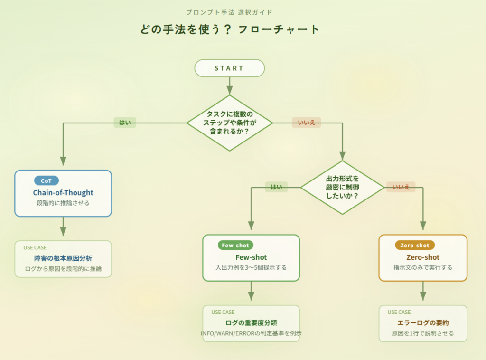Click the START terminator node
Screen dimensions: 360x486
coord(229,68)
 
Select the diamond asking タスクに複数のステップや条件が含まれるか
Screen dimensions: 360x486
coord(230,123)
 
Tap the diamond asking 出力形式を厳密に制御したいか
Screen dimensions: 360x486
coord(342,187)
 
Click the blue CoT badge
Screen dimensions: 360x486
coord(46,181)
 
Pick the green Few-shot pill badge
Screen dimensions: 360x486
coord(235,246)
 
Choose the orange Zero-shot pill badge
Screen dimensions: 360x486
coord(414,246)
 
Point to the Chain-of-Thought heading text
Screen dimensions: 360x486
coord(63,193)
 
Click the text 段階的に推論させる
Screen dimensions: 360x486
coord(63,203)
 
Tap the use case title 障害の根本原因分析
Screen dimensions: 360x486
coord(63,258)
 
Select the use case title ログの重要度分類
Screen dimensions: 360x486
coord(251,323)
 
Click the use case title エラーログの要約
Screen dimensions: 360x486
coord(423,323)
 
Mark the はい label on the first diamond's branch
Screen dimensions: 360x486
coord(125,123)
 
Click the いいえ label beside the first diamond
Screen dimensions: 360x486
coord(306,123)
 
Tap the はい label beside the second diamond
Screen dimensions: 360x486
coord(276,187)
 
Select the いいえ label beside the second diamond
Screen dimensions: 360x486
coord(401,187)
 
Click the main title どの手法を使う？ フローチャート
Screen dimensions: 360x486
coord(230,29)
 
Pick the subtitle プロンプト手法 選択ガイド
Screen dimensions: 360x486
coord(230,12)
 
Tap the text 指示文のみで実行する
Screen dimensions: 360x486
coord(423,267)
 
